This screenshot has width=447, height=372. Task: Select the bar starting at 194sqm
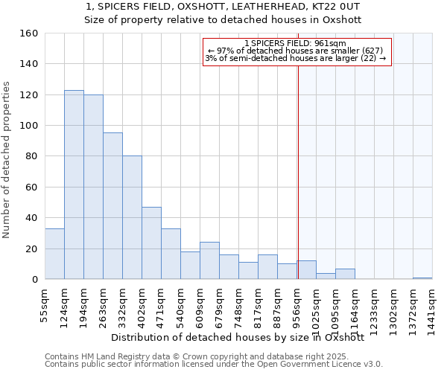click(93, 187)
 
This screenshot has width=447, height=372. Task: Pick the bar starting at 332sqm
click(132, 217)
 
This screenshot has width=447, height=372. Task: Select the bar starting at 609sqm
click(209, 260)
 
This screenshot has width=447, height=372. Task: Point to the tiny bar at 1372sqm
click(422, 278)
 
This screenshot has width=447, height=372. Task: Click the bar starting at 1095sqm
click(345, 274)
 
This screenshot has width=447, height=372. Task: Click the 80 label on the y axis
click(32, 156)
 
